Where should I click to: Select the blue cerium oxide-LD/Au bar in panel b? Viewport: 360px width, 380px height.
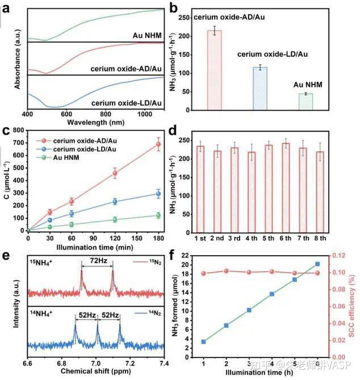click(x=259, y=88)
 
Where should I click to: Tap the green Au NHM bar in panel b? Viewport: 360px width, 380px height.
click(x=305, y=102)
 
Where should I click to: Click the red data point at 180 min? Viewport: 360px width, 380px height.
click(x=158, y=144)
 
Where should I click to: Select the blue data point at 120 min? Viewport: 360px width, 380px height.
click(x=115, y=201)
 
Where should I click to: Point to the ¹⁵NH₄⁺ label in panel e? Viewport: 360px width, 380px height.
click(x=46, y=263)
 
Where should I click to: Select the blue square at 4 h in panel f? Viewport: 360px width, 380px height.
click(x=272, y=294)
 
